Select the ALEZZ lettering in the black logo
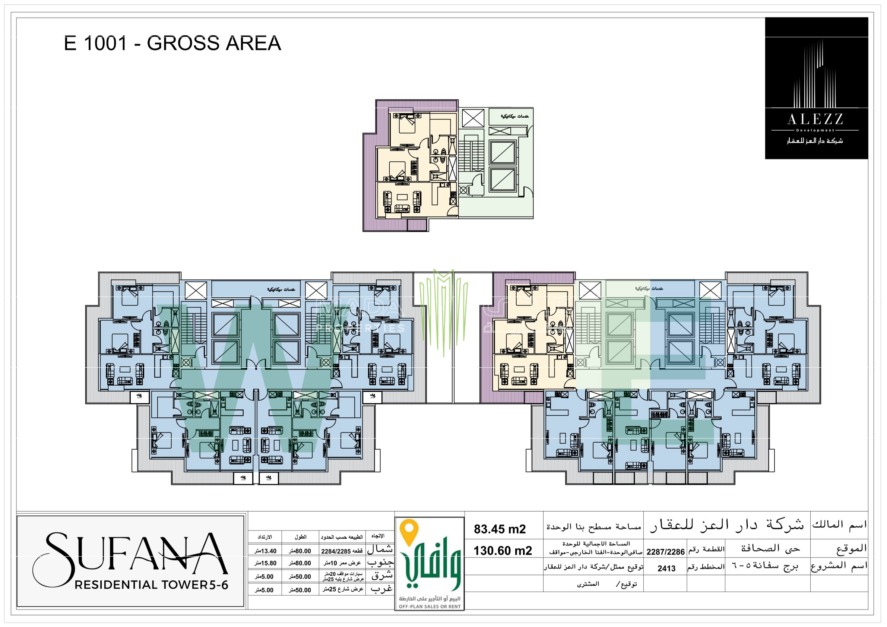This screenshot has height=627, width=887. pyautogui.click(x=815, y=119)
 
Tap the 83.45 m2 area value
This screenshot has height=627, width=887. pyautogui.click(x=500, y=529)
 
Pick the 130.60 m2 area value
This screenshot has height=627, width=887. pyautogui.click(x=503, y=551)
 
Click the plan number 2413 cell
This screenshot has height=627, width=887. pyautogui.click(x=666, y=568)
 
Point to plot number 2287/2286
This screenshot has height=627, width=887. pyautogui.click(x=665, y=552)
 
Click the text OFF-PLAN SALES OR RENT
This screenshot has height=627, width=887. pyautogui.click(x=430, y=606)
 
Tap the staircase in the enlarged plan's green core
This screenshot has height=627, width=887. pyautogui.click(x=471, y=153)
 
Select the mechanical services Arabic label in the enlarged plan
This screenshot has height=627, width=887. pyautogui.click(x=514, y=116)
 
